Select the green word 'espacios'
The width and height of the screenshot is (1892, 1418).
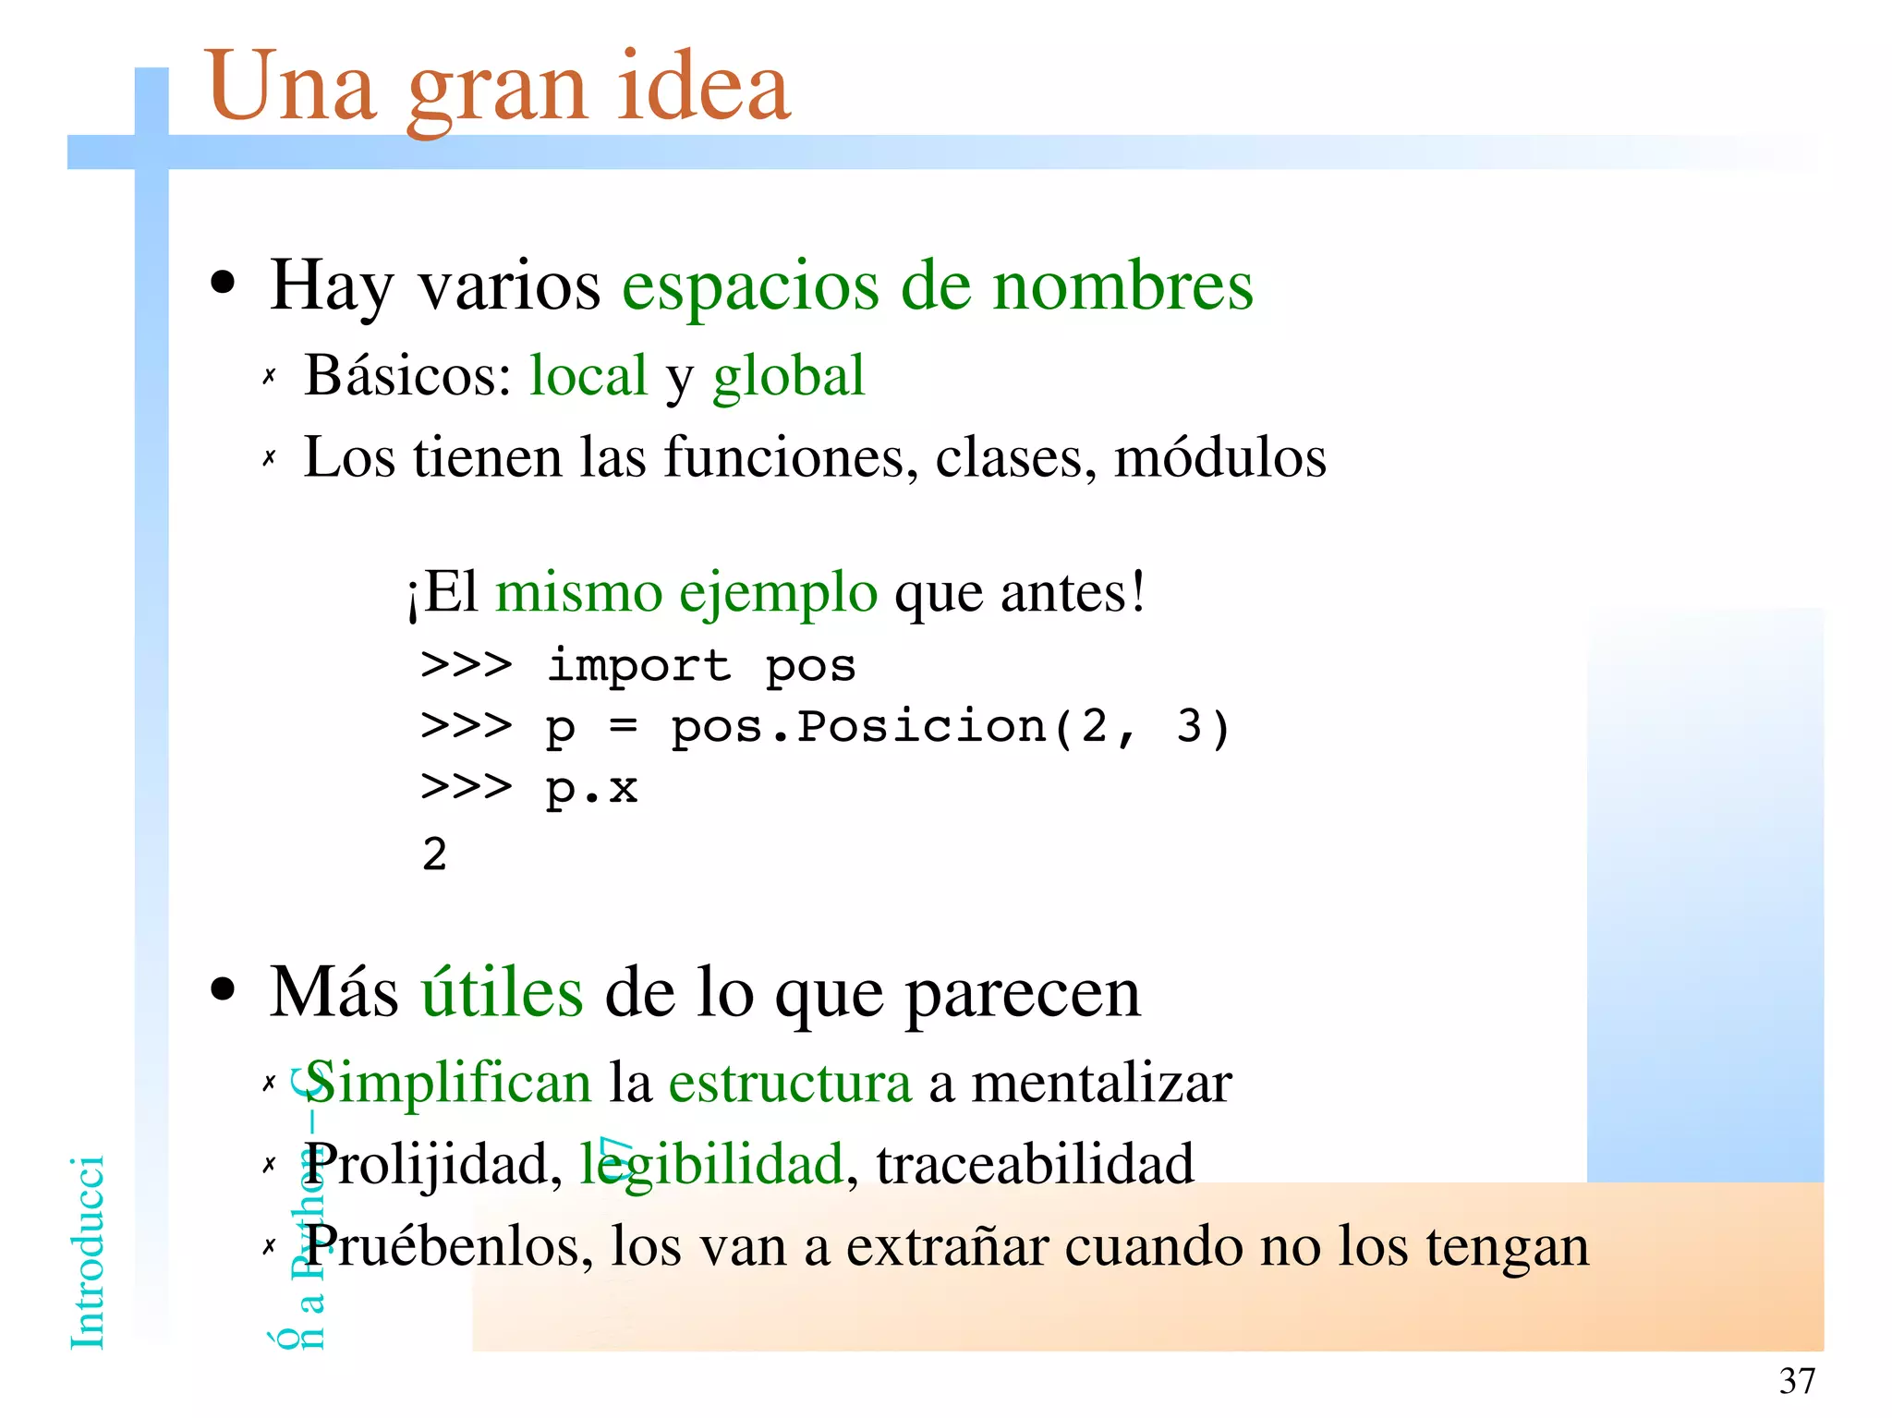[x=750, y=286]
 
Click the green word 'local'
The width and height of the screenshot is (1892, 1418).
[x=588, y=375]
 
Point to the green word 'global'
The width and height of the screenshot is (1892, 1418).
[x=788, y=377]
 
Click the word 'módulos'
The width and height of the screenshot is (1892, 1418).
[x=1219, y=456]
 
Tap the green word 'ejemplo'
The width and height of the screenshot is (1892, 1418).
[x=778, y=593]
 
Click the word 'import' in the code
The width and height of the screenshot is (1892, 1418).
[x=638, y=665]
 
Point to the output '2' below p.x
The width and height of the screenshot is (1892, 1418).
[x=434, y=854]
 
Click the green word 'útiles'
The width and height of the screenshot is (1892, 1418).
[x=503, y=992]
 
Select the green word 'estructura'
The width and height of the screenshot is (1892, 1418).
[x=790, y=1083]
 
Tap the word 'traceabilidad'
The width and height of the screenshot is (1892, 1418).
[x=1035, y=1164]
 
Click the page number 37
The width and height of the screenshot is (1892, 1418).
[x=1797, y=1381]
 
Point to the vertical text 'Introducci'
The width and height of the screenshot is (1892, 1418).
[x=88, y=1252]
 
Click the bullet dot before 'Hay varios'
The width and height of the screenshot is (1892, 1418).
[x=223, y=283]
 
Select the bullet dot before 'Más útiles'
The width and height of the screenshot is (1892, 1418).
[x=223, y=990]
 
